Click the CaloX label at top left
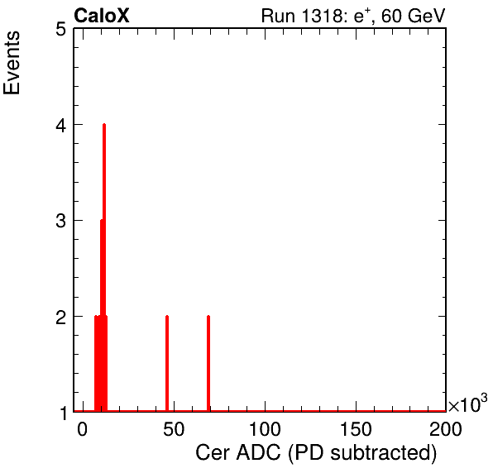(102, 16)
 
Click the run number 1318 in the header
(321, 16)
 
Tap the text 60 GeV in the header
(414, 16)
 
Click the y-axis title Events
(12, 63)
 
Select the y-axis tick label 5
(60, 30)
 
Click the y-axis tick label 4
(60, 126)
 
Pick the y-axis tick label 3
(60, 222)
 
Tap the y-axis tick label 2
(60, 318)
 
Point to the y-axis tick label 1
(63, 413)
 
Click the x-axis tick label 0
(82, 429)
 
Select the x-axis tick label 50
(174, 429)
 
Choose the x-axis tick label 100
(265, 429)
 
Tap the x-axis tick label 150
(356, 429)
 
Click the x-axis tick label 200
(446, 429)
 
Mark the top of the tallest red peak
(104, 125)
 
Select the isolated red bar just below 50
(167, 363)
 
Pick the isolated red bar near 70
(208, 363)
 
